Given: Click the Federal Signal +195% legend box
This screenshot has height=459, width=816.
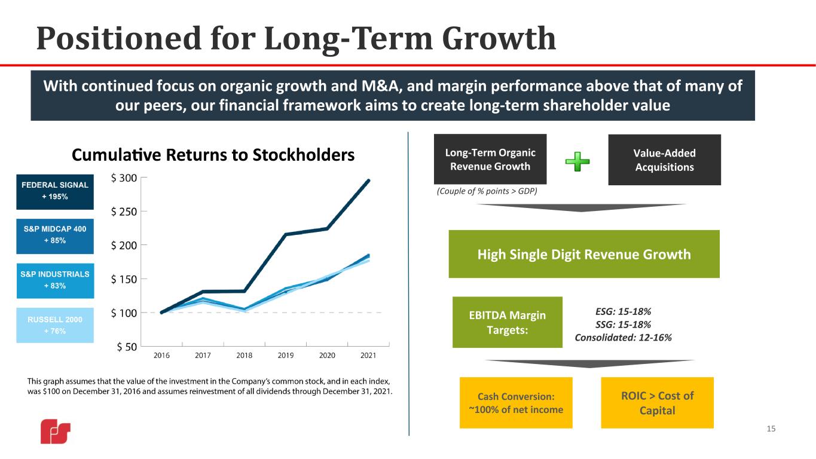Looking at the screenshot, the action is (x=55, y=192).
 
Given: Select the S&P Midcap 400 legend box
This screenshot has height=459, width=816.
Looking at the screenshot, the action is (x=55, y=237).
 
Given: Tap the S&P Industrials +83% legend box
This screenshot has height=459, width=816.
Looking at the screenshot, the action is (x=55, y=281).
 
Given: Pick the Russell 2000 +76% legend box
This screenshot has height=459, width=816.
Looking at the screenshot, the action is (x=55, y=325).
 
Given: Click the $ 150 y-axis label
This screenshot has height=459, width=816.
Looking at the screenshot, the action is (x=124, y=280).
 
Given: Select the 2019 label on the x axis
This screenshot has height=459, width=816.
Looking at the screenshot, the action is (x=286, y=356).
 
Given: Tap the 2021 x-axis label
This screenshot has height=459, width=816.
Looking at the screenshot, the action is (x=368, y=356).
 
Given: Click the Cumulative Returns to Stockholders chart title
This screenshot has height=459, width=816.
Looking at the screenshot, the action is (x=213, y=155).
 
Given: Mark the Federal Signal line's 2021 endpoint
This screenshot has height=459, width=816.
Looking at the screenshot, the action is (x=368, y=180).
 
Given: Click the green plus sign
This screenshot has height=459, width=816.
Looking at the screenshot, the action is (x=577, y=161).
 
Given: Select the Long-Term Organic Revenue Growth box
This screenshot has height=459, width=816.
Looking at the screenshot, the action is (x=490, y=159).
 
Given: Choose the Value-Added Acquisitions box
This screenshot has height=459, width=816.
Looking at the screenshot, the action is (x=665, y=160).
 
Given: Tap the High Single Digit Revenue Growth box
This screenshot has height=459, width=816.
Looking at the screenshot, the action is (x=584, y=254).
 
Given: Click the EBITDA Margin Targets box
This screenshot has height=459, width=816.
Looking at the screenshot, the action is (x=508, y=322).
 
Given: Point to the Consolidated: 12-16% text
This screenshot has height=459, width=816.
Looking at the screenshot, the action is (x=624, y=338).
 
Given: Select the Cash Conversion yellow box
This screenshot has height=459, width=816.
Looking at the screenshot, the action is (x=516, y=403).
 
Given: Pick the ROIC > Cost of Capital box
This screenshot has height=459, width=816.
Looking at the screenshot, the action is (x=657, y=403).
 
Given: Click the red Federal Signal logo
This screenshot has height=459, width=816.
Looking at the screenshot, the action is (x=56, y=432).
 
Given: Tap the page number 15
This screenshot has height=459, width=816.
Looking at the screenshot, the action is (x=771, y=429).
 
